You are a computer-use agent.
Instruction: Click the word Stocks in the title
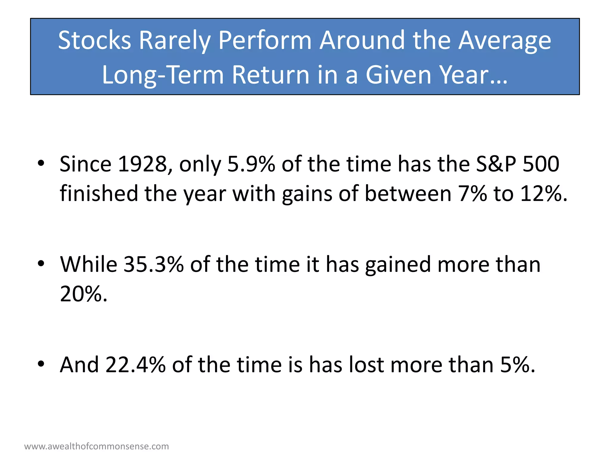tap(94, 40)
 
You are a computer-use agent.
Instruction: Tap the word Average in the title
tap(505, 40)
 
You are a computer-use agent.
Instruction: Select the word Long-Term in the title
tap(163, 75)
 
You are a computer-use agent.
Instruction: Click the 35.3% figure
tap(153, 264)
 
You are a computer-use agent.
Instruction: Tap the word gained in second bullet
tap(398, 264)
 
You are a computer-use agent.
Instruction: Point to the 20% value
tap(83, 294)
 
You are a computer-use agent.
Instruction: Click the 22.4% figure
tap(135, 364)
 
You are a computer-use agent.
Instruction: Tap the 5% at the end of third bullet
tap(517, 364)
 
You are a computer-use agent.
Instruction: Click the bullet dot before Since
tap(41, 163)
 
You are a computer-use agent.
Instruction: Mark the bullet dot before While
tap(41, 264)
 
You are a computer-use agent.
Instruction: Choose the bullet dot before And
tap(41, 364)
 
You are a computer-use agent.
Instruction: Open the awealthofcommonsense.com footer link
tap(97, 446)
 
